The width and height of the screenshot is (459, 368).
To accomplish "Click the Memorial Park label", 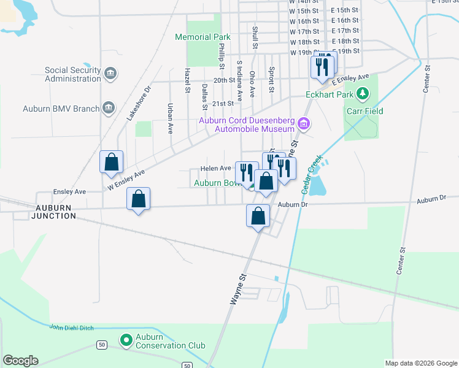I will coord(202,37).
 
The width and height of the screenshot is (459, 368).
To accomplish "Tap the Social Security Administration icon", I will coord(111,74).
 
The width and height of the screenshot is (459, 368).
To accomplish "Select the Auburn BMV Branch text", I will coord(61,109).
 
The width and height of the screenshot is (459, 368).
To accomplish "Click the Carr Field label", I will coord(364,111).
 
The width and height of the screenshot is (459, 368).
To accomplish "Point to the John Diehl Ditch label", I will coord(72,328).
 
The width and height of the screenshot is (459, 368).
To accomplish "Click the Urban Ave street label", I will coord(170,118).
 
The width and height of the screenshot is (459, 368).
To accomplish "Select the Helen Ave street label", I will coord(215,168).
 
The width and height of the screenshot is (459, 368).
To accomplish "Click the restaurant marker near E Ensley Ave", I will coord(323,66).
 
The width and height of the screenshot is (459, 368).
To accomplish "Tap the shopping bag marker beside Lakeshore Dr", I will coord(112,163).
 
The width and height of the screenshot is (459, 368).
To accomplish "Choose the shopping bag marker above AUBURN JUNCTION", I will coord(139,199).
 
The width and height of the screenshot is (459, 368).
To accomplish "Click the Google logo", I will coord(20,361).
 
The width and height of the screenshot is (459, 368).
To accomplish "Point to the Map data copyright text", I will coord(421,363).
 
